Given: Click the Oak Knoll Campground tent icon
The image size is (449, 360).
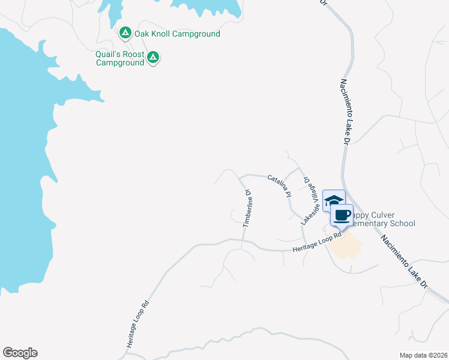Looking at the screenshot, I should point(125,33).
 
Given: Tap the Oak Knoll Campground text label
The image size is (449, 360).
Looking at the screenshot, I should point(177,34).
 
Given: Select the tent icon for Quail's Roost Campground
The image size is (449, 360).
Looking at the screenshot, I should point(153,58).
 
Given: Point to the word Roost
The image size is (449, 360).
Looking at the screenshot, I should point(133,54).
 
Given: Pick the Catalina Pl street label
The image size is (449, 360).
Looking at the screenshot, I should point(279,186).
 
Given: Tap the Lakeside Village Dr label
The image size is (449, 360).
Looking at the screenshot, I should point(309,201).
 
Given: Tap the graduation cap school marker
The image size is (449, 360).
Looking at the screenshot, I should point(334,200).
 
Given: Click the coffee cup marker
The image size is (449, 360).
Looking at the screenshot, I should point(342,215).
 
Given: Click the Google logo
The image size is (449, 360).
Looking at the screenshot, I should point(20,353).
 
